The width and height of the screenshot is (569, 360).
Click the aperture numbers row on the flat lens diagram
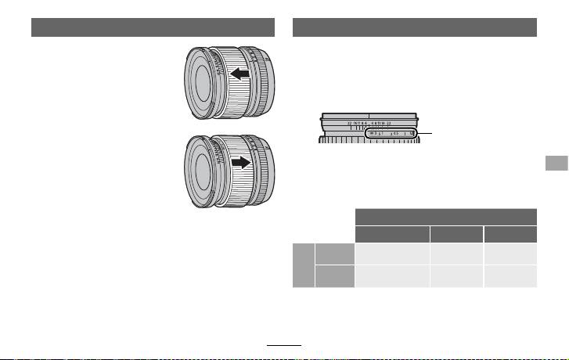tap(368, 123)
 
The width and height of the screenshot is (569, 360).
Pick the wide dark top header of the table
tap(446, 217)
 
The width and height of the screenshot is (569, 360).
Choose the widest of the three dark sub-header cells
tap(392, 233)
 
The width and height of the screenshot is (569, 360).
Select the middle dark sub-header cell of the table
tap(457, 233)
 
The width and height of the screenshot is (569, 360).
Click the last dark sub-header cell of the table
tap(511, 233)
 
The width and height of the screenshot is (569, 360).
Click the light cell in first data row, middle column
tap(457, 253)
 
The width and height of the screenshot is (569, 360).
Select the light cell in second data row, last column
tap(511, 275)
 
